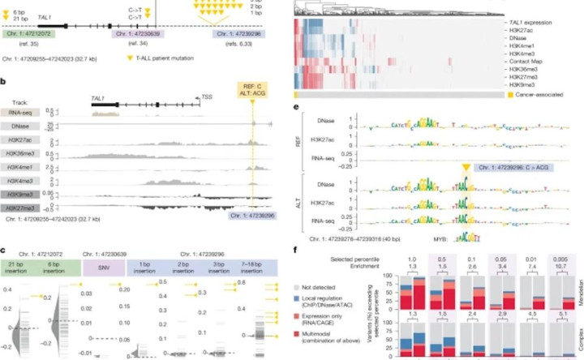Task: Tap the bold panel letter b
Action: pyautogui.click(x=6, y=81)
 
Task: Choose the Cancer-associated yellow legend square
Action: pyautogui.click(x=500, y=95)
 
